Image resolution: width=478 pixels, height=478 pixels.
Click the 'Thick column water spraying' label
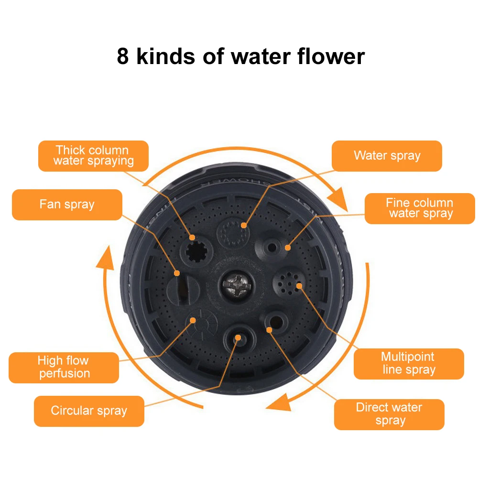click(x=93, y=156)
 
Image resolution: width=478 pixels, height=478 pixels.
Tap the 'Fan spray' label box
click(x=67, y=205)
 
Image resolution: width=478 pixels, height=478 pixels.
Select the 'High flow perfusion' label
click(x=64, y=367)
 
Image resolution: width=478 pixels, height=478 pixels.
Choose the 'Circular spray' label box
click(x=89, y=411)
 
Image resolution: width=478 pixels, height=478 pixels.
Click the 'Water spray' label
click(x=387, y=156)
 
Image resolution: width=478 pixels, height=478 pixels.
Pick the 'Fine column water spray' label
click(x=420, y=208)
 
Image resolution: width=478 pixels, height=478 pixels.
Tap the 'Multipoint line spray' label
click(x=408, y=363)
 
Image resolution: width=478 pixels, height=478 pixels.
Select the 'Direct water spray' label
click(x=389, y=414)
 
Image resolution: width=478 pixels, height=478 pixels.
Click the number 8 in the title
click(x=123, y=56)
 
